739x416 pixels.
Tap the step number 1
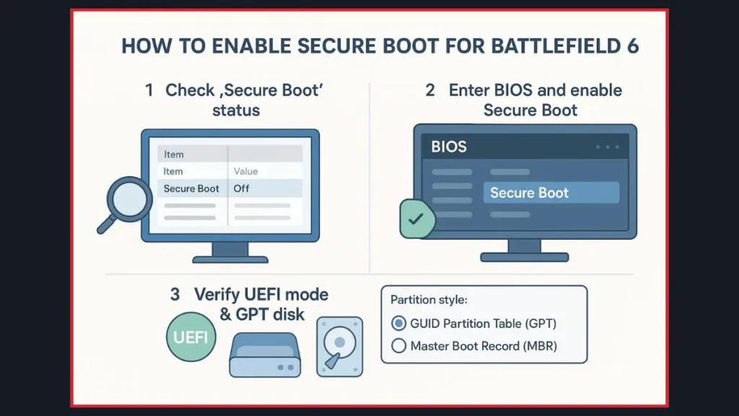pyautogui.click(x=149, y=91)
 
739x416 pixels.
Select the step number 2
pyautogui.click(x=430, y=91)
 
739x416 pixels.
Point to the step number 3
pyautogui.click(x=175, y=295)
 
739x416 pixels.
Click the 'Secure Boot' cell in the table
pyautogui.click(x=191, y=188)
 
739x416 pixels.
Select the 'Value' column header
pyautogui.click(x=246, y=171)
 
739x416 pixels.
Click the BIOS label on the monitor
pyautogui.click(x=449, y=147)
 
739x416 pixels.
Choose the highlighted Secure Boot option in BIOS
pyautogui.click(x=551, y=193)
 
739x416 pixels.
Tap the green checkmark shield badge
pyautogui.click(x=416, y=218)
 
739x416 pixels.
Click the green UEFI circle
pyautogui.click(x=191, y=336)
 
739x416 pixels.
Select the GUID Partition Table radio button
pyautogui.click(x=398, y=324)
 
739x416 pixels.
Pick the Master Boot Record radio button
pyautogui.click(x=398, y=346)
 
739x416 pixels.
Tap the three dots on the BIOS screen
pyautogui.click(x=608, y=147)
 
